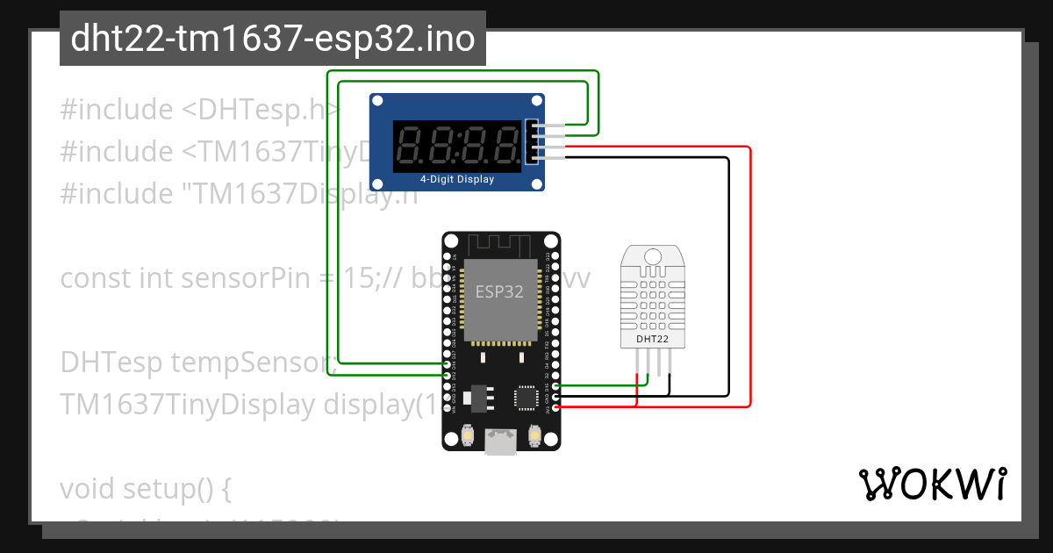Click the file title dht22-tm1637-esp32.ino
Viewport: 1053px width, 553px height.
point(272,39)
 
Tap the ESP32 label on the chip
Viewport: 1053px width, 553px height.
point(498,291)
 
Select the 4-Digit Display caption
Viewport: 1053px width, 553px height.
point(456,179)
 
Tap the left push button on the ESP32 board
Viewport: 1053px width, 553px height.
point(469,434)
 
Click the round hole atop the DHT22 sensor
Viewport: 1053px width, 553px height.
point(653,255)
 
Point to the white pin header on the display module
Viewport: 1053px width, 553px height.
point(530,141)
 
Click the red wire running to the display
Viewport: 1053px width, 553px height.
point(750,263)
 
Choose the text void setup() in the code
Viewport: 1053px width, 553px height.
point(145,488)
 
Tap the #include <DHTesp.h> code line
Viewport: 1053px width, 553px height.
point(200,110)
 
